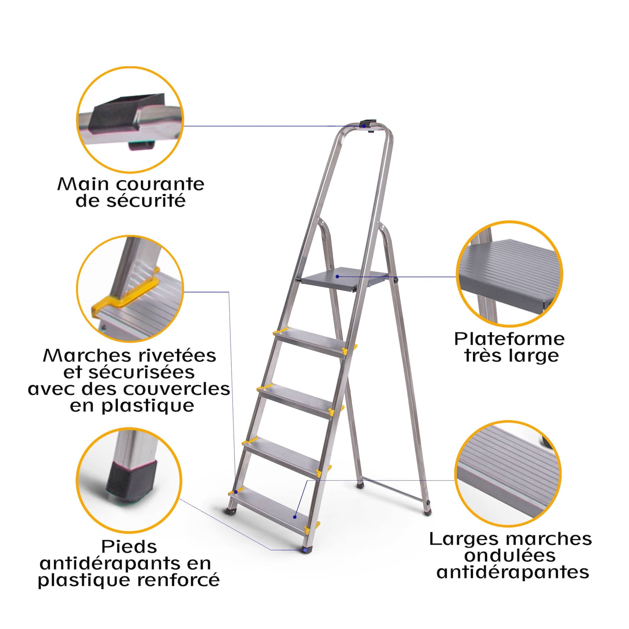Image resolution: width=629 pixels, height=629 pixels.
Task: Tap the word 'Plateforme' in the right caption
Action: pyautogui.click(x=509, y=339)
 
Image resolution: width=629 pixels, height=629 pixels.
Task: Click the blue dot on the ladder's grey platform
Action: pyautogui.click(x=337, y=276)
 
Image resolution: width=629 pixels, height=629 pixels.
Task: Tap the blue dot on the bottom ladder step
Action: pyautogui.click(x=295, y=517)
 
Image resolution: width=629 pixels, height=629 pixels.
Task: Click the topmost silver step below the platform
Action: pyautogui.click(x=309, y=342)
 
